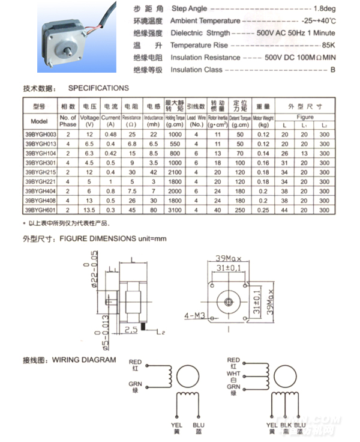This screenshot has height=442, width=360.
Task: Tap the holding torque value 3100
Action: coord(175,210)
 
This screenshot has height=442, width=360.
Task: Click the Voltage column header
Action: coord(89,118)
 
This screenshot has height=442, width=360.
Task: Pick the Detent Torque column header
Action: coord(239,118)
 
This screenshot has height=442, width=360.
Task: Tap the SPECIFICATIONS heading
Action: coord(98,88)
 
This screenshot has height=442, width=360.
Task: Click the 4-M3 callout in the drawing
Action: coord(194,315)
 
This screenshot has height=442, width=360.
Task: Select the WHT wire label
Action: coord(233,373)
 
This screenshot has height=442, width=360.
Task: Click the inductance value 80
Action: coord(153,210)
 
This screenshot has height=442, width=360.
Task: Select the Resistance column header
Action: coord(131,118)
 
